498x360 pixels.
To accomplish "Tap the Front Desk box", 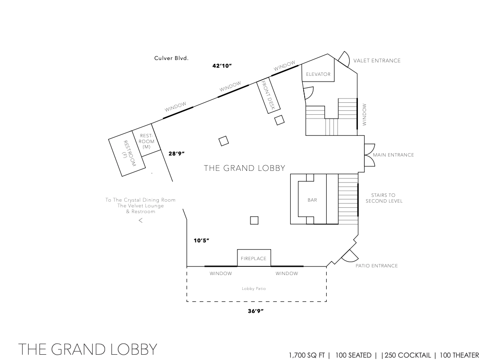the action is [x=268, y=96].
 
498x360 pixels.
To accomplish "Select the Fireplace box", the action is [x=254, y=258].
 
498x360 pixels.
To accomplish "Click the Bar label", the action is [x=312, y=200].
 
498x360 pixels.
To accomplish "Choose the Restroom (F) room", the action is [x=127, y=153].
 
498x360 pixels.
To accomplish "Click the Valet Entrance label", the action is [x=377, y=60].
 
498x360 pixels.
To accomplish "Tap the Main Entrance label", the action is [x=393, y=155].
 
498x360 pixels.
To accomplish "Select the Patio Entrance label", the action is [x=377, y=265].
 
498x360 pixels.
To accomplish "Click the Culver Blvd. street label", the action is [x=171, y=58].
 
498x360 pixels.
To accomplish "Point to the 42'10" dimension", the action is [x=222, y=66].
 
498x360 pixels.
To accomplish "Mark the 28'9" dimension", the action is [x=177, y=154].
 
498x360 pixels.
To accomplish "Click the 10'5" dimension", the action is [x=202, y=240].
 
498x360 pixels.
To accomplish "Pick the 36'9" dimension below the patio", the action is [x=256, y=311].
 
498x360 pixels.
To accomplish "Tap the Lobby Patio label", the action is [x=254, y=288].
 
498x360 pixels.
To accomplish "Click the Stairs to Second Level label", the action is [x=384, y=198].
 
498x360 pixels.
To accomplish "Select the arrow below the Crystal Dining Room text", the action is [x=141, y=220].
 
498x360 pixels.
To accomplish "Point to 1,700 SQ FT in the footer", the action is [x=307, y=355].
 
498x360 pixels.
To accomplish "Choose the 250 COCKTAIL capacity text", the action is [x=408, y=355].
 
